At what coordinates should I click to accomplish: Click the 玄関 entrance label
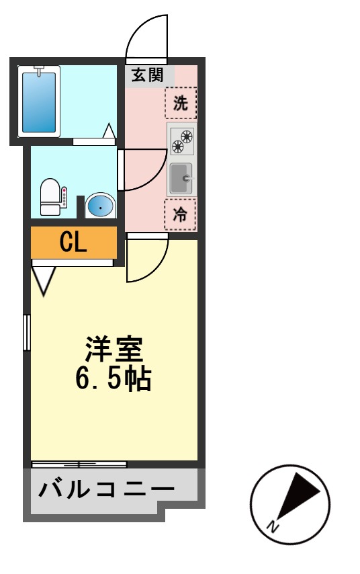(x=147, y=75)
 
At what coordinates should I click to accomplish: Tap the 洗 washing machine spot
(x=181, y=104)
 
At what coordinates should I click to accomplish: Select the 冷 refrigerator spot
(x=181, y=214)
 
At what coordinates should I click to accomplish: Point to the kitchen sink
(x=181, y=178)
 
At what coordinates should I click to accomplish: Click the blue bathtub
(x=38, y=101)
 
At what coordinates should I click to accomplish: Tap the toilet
(x=50, y=197)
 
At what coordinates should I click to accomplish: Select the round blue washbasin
(x=100, y=206)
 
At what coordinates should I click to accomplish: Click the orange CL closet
(x=73, y=243)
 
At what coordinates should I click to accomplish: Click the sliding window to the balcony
(x=79, y=464)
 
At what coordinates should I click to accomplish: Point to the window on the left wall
(x=27, y=332)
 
